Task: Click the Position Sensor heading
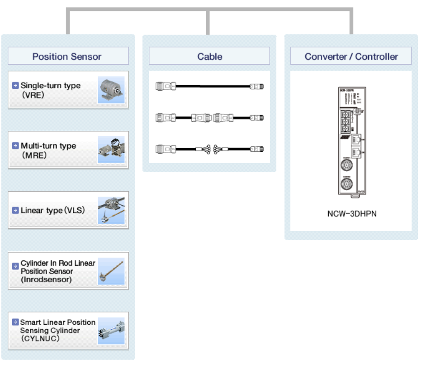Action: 67,57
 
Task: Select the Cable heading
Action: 209,57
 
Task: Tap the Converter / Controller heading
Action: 351,57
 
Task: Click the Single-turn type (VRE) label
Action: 50,90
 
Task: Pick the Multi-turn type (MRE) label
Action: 48,150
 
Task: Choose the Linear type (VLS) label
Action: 52,211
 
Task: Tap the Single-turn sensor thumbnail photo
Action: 111,90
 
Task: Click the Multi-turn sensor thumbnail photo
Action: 111,150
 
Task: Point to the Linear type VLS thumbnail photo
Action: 111,210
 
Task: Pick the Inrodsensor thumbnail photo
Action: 111,271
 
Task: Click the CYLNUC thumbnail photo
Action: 111,331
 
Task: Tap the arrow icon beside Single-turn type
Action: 15,85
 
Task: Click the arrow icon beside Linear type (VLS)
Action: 15,211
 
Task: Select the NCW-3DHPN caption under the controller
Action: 351,213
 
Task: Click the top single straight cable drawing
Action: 209,86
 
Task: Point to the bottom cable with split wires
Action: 209,149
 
